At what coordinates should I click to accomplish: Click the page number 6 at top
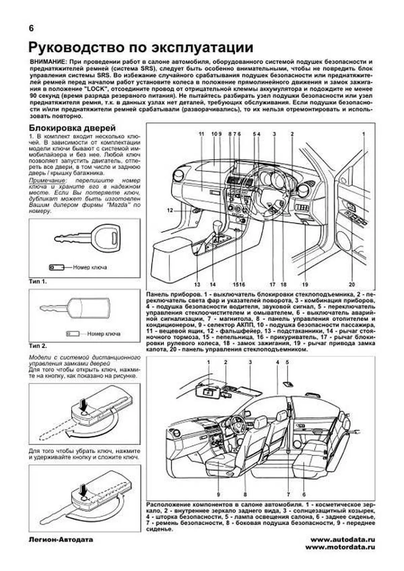click(x=31, y=29)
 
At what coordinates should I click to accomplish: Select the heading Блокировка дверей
click(x=72, y=128)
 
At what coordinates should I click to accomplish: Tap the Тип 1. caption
click(x=38, y=281)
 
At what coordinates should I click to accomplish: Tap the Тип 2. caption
click(x=38, y=346)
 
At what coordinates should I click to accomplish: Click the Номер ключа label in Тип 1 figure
click(x=90, y=267)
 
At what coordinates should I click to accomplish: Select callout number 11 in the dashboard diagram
click(x=201, y=134)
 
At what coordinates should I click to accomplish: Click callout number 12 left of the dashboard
click(x=170, y=210)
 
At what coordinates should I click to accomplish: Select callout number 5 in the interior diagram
click(x=287, y=362)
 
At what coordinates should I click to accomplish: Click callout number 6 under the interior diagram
click(x=304, y=494)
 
